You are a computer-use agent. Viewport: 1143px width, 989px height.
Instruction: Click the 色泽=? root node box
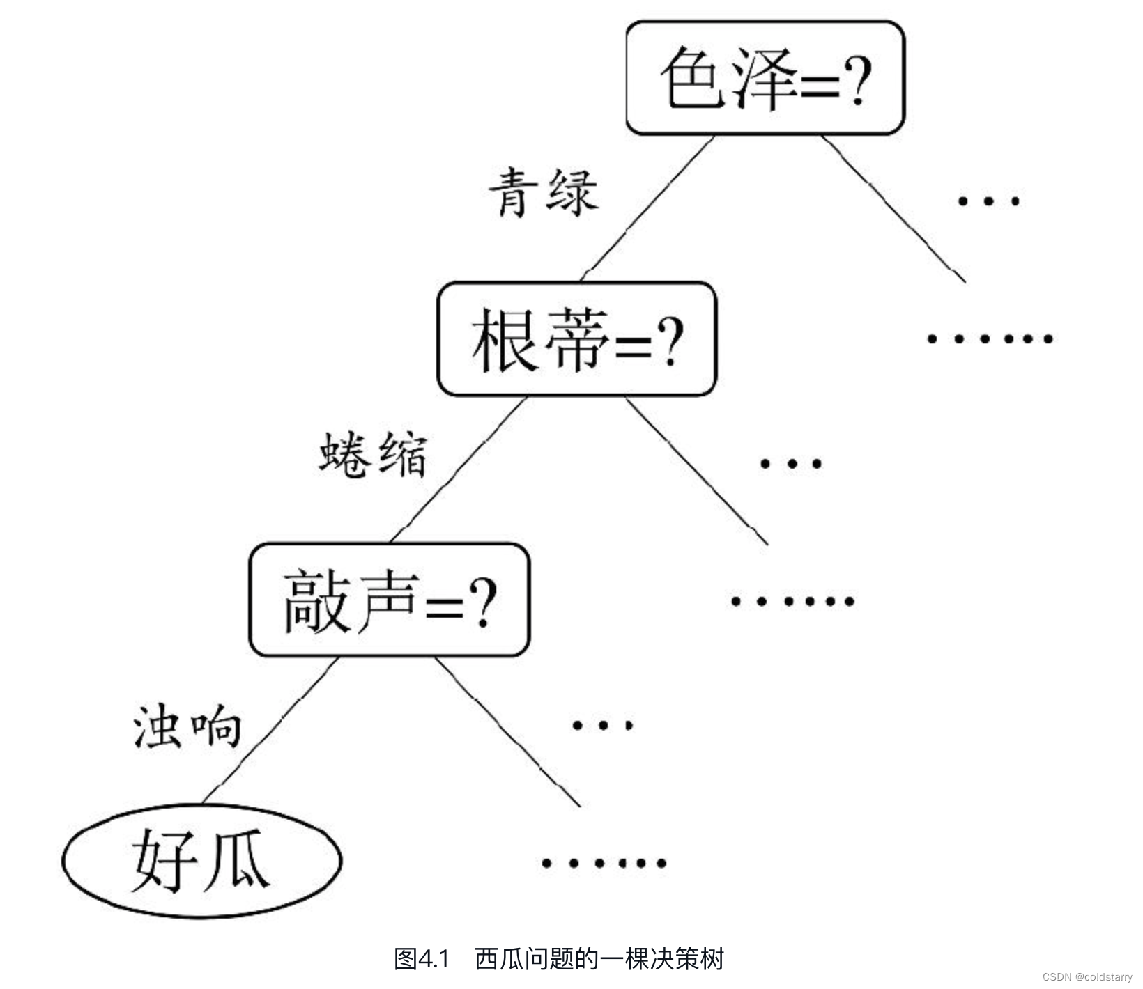point(765,77)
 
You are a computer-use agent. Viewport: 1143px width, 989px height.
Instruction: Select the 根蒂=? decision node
point(576,339)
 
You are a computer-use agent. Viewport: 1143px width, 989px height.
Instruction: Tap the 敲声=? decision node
point(390,600)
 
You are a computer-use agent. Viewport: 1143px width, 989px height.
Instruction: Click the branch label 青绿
point(544,192)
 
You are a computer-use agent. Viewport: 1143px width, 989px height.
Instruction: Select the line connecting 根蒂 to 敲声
point(458,469)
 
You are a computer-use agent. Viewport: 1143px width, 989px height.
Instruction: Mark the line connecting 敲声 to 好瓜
point(270,730)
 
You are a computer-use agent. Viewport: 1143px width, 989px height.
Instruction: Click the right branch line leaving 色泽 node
point(893,209)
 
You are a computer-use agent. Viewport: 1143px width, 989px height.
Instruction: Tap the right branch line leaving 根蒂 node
point(697,471)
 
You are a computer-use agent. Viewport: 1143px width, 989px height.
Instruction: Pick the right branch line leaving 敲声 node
point(508,731)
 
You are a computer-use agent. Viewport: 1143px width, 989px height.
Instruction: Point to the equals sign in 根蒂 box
point(634,344)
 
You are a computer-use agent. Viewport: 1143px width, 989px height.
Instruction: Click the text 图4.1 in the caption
point(422,959)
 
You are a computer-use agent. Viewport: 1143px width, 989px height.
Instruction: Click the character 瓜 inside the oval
point(234,859)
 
